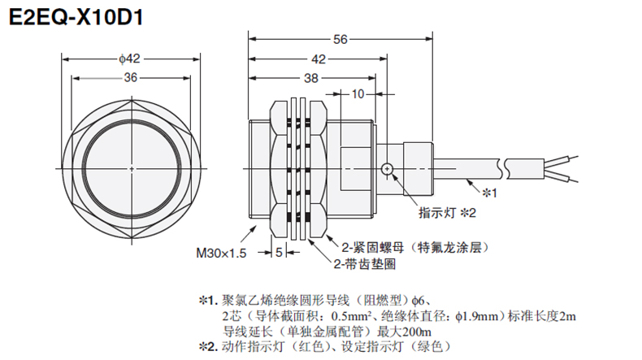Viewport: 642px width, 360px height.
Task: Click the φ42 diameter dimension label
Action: click(130, 58)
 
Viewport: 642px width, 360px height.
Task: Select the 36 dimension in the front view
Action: click(130, 77)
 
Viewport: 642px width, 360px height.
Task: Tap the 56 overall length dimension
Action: click(341, 38)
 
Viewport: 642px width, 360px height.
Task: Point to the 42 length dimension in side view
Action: click(319, 59)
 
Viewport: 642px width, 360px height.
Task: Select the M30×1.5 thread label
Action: click(221, 254)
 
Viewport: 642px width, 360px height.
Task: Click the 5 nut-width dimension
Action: click(279, 253)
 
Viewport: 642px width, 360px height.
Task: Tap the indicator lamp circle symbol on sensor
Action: click(388, 169)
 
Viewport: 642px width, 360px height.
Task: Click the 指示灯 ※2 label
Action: click(446, 214)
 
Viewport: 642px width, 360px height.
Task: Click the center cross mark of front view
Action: click(131, 168)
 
